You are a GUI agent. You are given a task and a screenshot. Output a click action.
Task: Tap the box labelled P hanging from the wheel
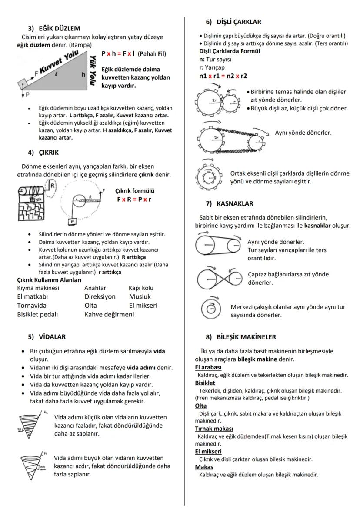coord(72,221)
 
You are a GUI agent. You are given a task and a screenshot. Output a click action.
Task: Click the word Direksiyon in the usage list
coord(100,296)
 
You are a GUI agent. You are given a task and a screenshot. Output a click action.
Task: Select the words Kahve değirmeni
coord(109,314)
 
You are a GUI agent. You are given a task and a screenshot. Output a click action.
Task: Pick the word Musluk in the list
coord(140,296)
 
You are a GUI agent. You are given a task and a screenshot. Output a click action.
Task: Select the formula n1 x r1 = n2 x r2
coord(221,76)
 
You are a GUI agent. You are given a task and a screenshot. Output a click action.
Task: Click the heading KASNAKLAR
coord(235,203)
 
